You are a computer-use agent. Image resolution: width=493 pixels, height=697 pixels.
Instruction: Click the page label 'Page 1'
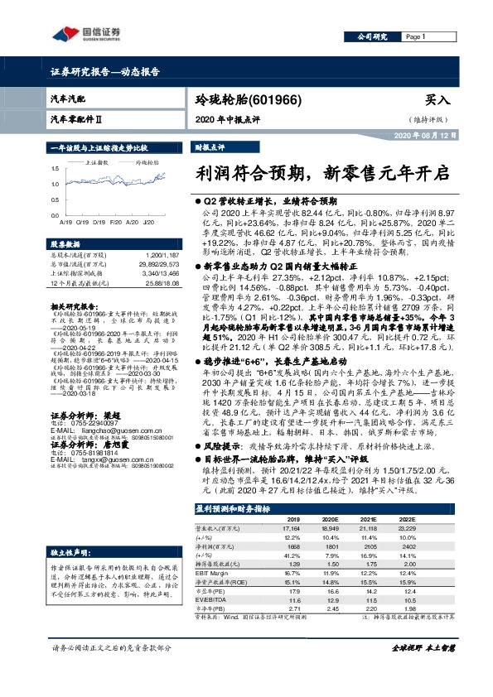click(415, 37)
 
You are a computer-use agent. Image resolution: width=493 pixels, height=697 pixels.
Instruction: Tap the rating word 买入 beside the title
click(436, 99)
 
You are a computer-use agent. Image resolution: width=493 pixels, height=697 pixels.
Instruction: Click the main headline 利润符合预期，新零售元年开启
click(322, 174)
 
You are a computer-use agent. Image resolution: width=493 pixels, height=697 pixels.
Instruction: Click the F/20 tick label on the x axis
click(116, 223)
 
